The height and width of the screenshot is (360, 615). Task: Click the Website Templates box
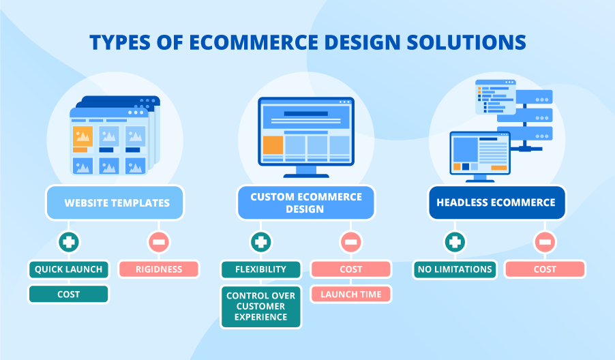tap(115, 202)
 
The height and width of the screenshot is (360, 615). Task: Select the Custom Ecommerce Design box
tap(306, 202)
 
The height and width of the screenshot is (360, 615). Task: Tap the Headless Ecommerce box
tap(496, 202)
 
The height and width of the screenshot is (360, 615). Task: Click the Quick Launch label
tap(68, 269)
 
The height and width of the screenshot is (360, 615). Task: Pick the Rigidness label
tap(158, 269)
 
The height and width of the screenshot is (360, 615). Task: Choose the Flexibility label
tap(260, 269)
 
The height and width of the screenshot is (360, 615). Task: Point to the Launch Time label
tap(351, 294)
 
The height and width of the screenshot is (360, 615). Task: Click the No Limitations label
tap(454, 269)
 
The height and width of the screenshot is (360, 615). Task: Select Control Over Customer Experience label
tap(260, 306)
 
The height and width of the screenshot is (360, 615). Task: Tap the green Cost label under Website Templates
tap(68, 294)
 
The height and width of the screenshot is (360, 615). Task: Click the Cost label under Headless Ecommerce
tap(544, 269)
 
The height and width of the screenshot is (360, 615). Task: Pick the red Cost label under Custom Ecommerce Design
tap(351, 269)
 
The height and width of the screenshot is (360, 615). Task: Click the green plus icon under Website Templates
tap(68, 241)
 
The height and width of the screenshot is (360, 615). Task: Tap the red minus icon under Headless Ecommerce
tap(544, 241)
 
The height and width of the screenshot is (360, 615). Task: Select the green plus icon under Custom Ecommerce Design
tap(260, 241)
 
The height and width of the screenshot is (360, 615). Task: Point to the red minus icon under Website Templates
tap(158, 241)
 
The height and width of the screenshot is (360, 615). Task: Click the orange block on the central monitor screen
tap(273, 145)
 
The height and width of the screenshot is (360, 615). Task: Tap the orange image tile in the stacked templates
tap(82, 138)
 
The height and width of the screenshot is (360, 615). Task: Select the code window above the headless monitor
tap(496, 95)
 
